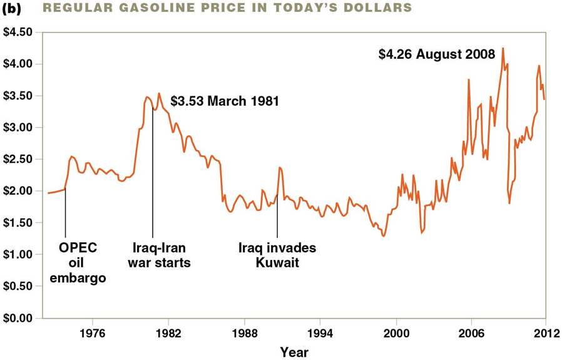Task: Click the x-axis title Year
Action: coord(294,352)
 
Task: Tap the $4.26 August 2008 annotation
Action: coord(437,54)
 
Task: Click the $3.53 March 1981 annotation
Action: coord(224,101)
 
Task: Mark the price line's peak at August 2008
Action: coord(503,48)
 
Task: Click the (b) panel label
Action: coord(13,8)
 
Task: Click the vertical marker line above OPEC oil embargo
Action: coord(65,213)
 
